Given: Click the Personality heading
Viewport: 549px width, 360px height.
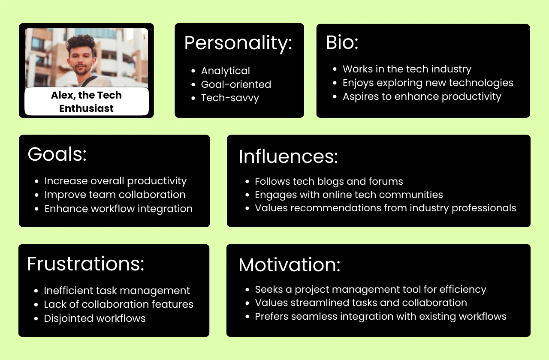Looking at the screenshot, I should click(x=238, y=43).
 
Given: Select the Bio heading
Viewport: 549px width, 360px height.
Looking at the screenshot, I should click(x=342, y=42).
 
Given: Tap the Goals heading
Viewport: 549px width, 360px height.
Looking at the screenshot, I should click(x=57, y=154).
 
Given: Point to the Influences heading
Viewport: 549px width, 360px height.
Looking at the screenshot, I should click(x=288, y=156).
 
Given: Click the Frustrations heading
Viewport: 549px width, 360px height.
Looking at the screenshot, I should click(x=86, y=264).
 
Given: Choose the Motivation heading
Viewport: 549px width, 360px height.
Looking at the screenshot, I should click(x=289, y=265).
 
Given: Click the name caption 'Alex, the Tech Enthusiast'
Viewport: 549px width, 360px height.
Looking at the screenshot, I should click(x=86, y=102).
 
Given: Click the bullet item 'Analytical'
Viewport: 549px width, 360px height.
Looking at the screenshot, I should click(x=225, y=71).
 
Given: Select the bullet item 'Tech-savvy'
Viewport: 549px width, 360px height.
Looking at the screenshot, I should click(x=230, y=98).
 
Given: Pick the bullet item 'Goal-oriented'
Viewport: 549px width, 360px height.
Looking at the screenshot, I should click(x=236, y=84).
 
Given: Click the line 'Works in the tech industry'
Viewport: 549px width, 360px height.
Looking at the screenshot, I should click(x=407, y=69).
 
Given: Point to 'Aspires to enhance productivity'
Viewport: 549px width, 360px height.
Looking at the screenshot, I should click(x=422, y=96).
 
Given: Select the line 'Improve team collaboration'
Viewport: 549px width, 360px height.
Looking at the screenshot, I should click(x=115, y=195).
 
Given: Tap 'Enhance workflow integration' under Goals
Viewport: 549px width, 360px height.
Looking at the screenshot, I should click(x=118, y=209).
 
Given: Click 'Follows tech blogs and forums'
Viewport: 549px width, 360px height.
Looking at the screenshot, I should click(x=329, y=181).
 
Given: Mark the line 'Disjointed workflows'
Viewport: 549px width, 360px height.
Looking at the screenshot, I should click(x=95, y=318).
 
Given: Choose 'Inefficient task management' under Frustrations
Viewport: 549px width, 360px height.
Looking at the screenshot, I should click(x=117, y=291).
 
